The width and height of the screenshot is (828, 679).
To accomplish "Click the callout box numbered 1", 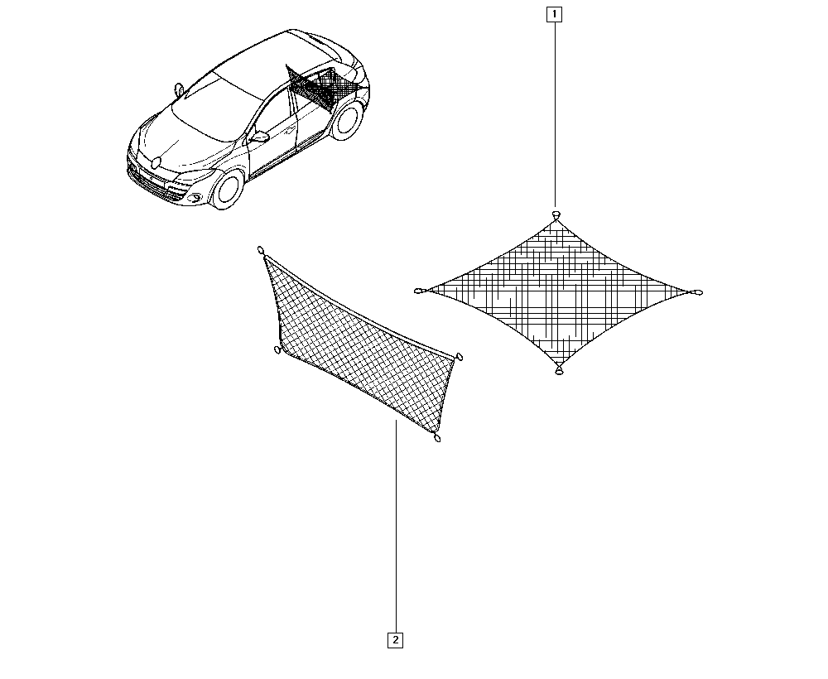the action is point(555,14).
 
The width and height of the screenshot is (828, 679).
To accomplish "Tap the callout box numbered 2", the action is point(395,640).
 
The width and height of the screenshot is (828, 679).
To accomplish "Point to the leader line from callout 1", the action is point(555,114).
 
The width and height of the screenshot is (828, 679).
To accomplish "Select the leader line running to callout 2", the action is point(396,527).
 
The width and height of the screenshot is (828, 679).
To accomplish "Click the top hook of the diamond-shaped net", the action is point(556,214).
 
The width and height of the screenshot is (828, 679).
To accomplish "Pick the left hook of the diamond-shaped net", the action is point(420,291).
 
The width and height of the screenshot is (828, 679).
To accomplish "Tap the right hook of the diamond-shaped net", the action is point(697,292).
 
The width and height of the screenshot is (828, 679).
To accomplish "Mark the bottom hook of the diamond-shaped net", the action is point(559,371).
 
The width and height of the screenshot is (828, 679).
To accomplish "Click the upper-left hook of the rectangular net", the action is point(260,250).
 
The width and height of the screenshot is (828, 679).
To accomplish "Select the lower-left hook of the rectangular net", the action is point(277,350).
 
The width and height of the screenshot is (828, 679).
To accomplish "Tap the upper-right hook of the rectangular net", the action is point(459,356).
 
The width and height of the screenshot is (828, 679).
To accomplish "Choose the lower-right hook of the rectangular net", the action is point(436,437).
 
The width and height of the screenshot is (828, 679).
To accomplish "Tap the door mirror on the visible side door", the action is point(259,137).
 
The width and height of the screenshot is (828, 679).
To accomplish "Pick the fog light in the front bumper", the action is point(195,199).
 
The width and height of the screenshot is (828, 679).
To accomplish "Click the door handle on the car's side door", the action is point(288,128).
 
